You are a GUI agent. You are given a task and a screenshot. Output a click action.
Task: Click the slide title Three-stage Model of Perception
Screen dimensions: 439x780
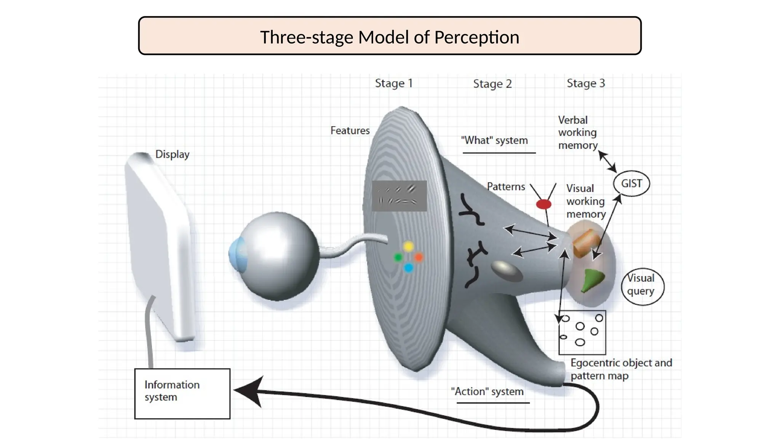click(390, 37)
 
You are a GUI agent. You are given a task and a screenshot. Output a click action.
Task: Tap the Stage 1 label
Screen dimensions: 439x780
click(394, 83)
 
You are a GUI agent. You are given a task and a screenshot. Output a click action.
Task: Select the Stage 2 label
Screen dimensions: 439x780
click(492, 83)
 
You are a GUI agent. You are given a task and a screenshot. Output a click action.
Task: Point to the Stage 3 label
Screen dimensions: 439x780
click(586, 83)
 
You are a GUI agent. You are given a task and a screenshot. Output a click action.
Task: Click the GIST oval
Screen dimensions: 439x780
click(631, 183)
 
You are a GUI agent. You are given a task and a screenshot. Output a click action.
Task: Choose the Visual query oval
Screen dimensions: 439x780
click(642, 285)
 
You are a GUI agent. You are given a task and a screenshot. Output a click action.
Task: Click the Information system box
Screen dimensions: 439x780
click(182, 393)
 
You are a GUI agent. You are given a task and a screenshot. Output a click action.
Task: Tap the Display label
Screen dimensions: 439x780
click(172, 154)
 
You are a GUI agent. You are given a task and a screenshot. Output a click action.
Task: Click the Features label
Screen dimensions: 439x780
click(350, 130)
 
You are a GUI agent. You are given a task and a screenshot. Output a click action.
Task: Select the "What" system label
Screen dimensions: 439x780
click(494, 140)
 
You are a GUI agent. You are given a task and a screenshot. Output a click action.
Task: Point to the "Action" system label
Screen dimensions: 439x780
click(487, 391)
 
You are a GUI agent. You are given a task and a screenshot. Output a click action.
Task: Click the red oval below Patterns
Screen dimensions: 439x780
click(543, 204)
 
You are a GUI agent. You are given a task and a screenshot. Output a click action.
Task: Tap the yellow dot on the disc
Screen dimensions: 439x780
click(408, 247)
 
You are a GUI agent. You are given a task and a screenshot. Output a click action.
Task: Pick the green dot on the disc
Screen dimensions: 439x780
click(398, 258)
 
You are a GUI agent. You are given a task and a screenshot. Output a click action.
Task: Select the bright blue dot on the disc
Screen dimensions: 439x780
click(408, 268)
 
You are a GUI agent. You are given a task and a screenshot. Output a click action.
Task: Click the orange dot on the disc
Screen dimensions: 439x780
click(419, 258)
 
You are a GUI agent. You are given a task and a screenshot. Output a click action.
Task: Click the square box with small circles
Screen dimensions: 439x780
click(582, 332)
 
